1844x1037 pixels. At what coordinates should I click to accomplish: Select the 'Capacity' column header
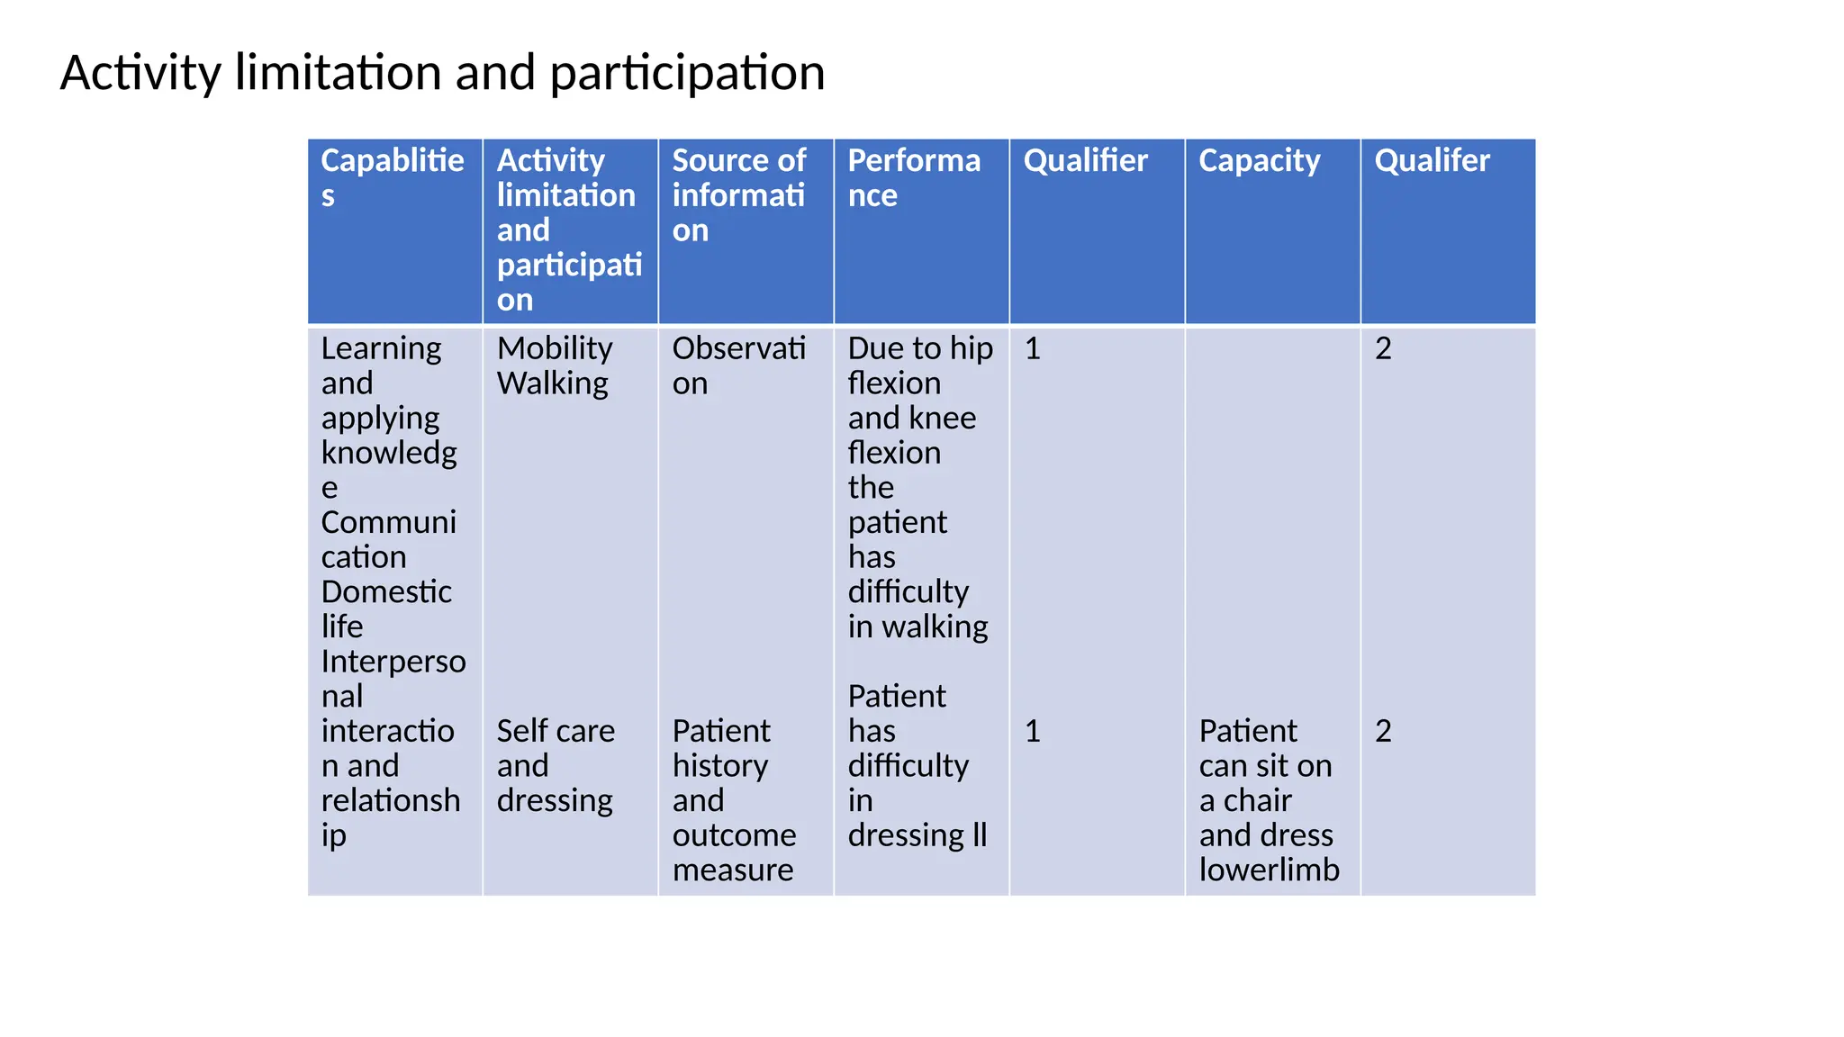click(1259, 160)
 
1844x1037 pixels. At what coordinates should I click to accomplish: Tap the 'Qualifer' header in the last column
click(1432, 160)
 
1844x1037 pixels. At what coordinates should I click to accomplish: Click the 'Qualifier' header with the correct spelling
click(1085, 160)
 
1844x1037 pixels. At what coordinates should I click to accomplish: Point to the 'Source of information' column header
click(738, 194)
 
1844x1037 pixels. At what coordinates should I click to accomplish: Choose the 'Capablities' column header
click(393, 176)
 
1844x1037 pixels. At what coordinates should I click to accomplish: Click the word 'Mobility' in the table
click(555, 348)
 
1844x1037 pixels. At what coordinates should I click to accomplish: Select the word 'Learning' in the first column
click(381, 348)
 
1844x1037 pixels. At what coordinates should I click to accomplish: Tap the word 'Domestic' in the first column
click(386, 591)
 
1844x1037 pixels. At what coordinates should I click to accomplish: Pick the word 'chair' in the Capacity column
click(1258, 800)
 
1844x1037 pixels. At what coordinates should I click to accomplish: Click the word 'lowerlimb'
click(1269, 870)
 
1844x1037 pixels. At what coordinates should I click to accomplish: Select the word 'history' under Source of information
click(720, 765)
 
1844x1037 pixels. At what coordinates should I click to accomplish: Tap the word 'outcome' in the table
click(734, 835)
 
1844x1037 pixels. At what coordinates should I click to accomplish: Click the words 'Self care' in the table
click(556, 731)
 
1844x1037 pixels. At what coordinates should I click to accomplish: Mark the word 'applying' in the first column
click(380, 419)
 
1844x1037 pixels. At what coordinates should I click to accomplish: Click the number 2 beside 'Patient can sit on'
click(1383, 731)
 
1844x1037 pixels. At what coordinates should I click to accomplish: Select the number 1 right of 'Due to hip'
click(1033, 348)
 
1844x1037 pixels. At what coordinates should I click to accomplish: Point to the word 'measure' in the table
click(733, 870)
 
